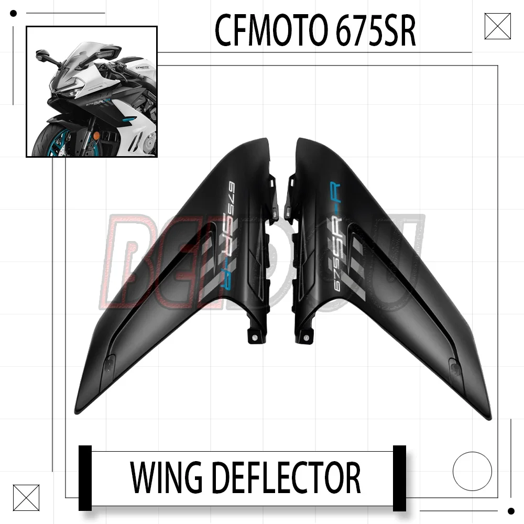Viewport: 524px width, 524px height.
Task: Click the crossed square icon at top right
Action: click(497, 26)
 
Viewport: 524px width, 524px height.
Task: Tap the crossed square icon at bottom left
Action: click(26, 497)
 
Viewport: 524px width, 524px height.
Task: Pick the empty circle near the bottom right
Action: click(472, 471)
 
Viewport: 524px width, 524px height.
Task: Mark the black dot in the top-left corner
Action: click(14, 14)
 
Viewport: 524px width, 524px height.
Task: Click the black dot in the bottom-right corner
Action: click(511, 511)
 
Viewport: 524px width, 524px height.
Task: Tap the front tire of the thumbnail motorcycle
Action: click(50, 141)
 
